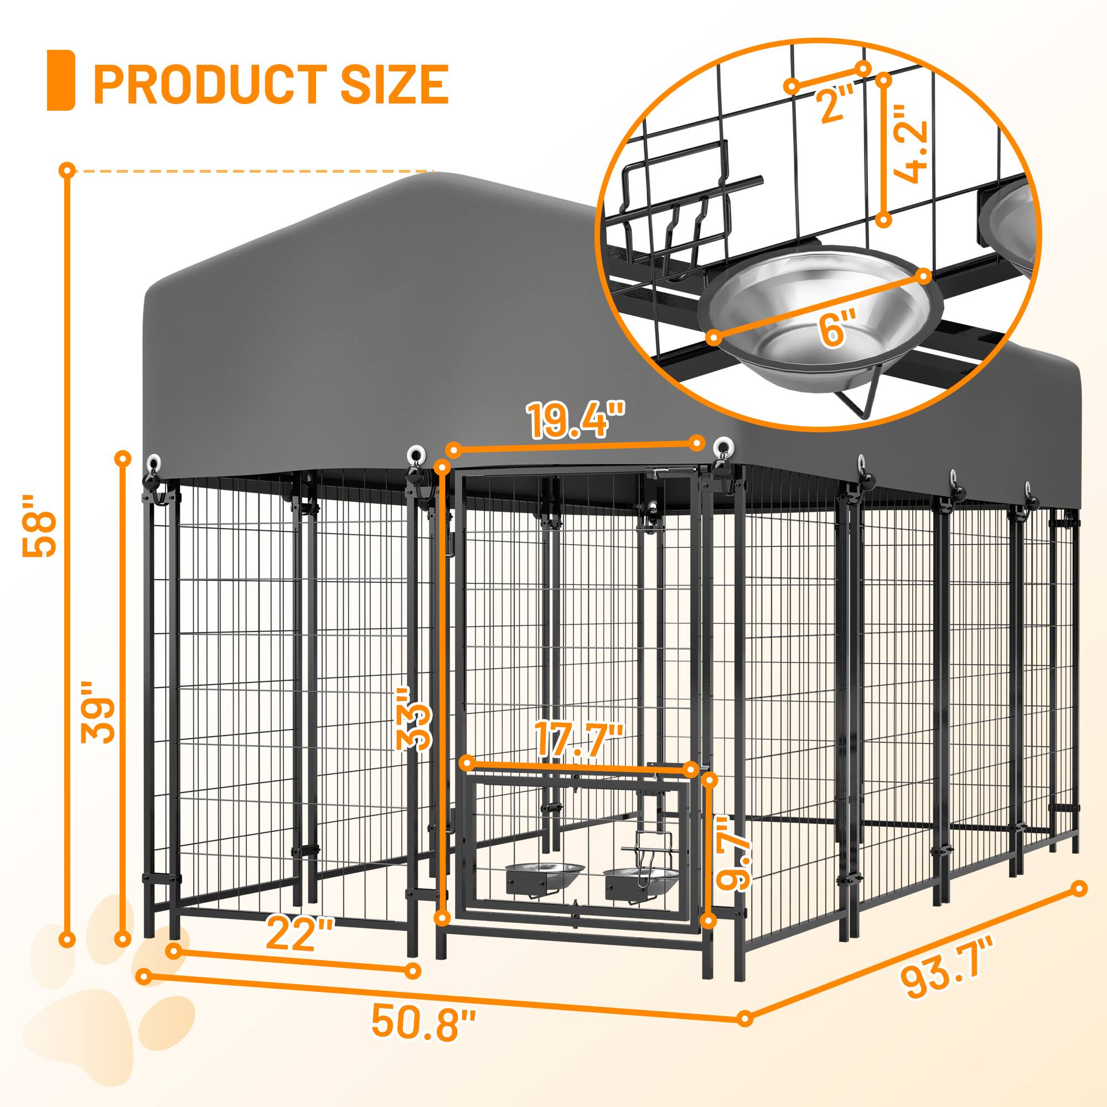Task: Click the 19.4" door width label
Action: point(576,420)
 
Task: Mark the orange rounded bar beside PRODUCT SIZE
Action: point(61,80)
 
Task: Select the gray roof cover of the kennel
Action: point(401,321)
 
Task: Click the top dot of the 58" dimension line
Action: point(68,169)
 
